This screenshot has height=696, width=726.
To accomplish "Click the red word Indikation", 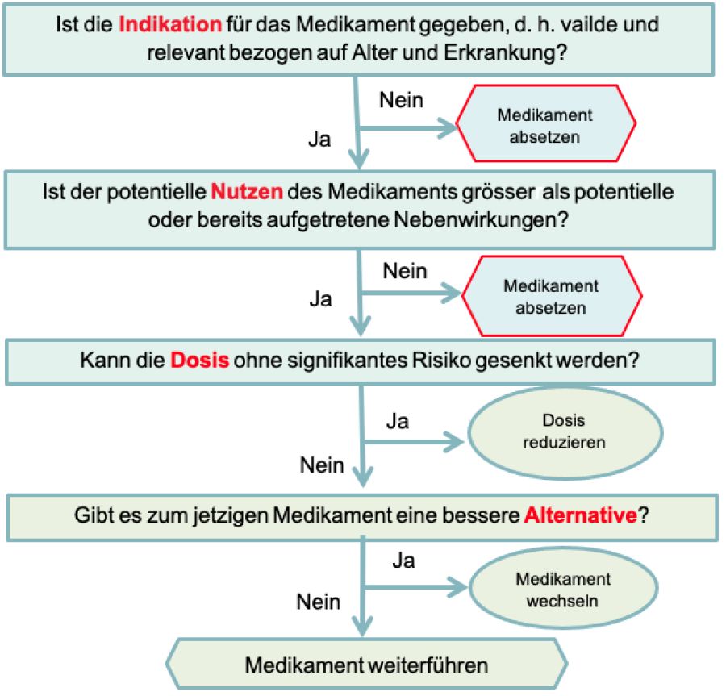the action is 170,24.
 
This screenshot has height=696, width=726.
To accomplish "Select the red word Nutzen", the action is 247,192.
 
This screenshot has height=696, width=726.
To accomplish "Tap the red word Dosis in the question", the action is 199,360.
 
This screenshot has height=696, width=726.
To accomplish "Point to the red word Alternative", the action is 581,515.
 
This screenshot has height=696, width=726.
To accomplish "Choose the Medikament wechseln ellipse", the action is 564,589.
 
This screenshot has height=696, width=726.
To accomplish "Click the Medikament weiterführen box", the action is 366,665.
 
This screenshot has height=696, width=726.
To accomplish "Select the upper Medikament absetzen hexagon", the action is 546,123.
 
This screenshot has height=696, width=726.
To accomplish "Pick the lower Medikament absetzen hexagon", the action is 552,296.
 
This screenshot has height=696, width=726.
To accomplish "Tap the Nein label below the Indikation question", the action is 401,100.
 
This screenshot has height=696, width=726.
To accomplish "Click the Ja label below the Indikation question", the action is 319,140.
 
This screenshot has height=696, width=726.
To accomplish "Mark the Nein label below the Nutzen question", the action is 405,271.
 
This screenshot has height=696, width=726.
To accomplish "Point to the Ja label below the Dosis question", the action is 397,422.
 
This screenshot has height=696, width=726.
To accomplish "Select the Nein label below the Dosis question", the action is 322,465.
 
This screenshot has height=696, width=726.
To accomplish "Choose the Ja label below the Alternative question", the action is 403,561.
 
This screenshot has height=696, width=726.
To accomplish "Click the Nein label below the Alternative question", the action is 318,602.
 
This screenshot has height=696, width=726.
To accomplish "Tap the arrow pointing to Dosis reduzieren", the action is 414,442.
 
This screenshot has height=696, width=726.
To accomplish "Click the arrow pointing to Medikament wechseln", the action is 415,588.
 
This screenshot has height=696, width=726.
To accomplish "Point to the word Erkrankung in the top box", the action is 505,53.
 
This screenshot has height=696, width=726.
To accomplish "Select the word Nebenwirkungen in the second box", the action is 481,220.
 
